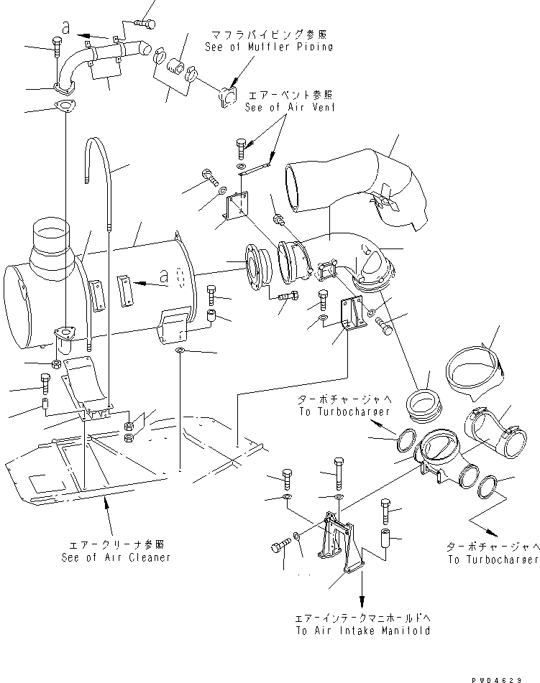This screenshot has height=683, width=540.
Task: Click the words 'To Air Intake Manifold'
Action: [x=362, y=631]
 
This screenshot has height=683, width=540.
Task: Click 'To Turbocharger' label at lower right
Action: [x=492, y=559]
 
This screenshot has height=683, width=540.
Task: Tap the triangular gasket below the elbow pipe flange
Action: [x=64, y=108]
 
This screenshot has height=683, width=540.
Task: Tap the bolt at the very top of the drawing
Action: [x=145, y=23]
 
